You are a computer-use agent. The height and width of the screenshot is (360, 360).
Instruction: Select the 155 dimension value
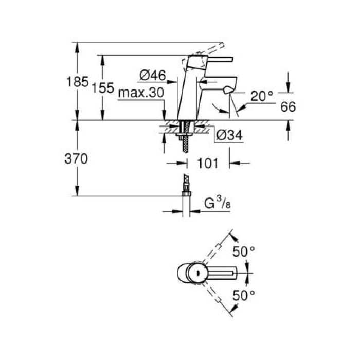(x=103, y=87)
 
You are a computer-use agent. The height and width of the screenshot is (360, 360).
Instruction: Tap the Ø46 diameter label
(x=152, y=76)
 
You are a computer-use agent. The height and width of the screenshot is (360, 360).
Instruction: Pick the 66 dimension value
(x=289, y=107)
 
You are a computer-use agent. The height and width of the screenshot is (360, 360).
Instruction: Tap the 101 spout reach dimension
(x=208, y=164)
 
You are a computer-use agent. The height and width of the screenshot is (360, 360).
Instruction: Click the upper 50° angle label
(x=244, y=251)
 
